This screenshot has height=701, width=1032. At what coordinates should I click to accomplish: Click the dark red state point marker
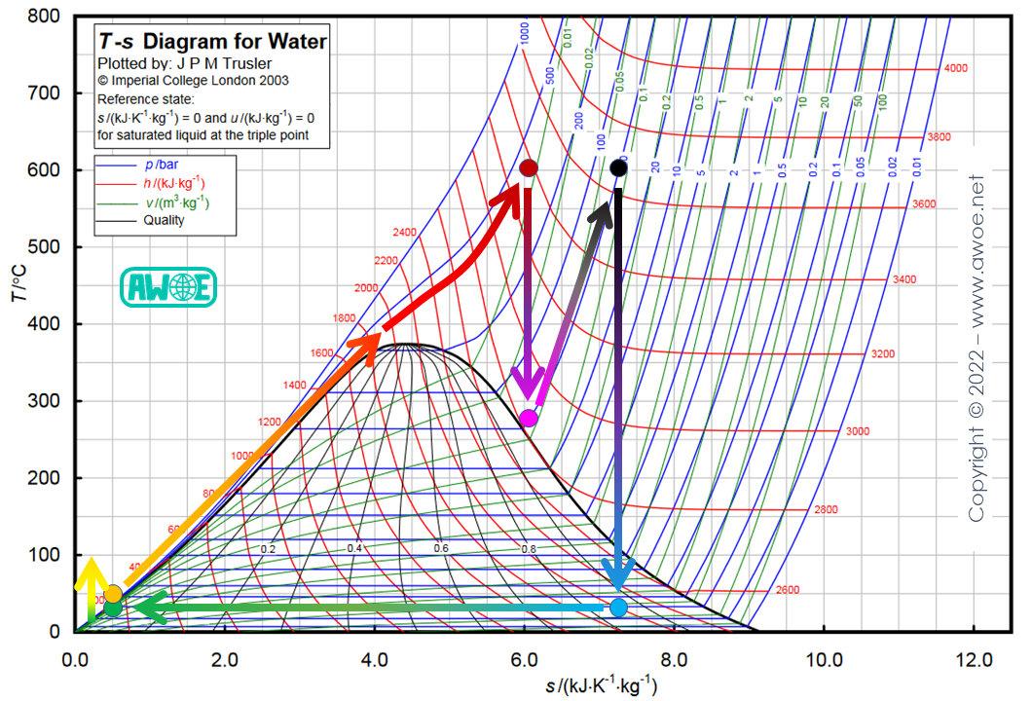coord(529,168)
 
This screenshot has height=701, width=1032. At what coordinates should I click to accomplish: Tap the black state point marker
coord(618,169)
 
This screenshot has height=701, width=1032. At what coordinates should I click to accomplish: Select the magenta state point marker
coord(529,419)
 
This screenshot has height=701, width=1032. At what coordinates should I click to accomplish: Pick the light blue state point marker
coord(618,608)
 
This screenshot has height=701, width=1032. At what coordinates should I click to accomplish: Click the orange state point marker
coord(113,594)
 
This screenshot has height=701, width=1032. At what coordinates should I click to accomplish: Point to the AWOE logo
coord(167,287)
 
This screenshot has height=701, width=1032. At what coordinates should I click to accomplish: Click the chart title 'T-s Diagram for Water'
coord(211,41)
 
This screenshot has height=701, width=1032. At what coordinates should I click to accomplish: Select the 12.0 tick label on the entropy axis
coord(974,657)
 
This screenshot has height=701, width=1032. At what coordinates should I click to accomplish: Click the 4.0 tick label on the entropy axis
coord(375,657)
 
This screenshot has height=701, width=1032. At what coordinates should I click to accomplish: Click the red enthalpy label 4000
coord(955,68)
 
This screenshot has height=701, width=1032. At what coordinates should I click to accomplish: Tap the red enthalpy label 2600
coord(787,590)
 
